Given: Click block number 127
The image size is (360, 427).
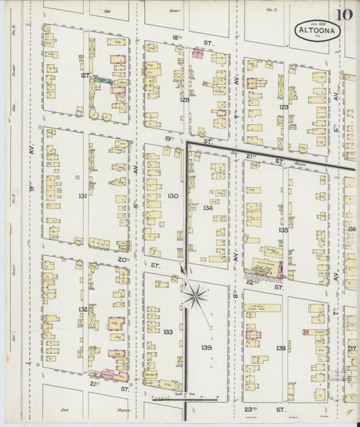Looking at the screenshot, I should pyautogui.click(x=85, y=76).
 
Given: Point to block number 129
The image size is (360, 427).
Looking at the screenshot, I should pyautogui.click(x=284, y=107).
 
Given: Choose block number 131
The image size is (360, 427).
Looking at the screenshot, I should pyautogui.click(x=82, y=196).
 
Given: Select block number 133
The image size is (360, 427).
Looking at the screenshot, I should pyautogui.click(x=168, y=332).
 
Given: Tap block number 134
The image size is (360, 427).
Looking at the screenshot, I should pyautogui.click(x=207, y=207).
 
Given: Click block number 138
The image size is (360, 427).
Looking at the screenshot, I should pyautogui.click(x=280, y=347).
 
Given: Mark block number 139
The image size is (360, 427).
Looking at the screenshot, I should pyautogui.click(x=206, y=347).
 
